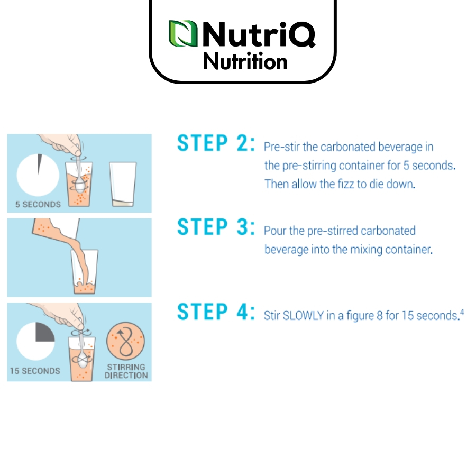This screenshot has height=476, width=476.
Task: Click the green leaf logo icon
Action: point(183,33)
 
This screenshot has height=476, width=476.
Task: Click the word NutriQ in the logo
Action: point(259,34)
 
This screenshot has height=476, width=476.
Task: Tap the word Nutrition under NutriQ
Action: point(245,61)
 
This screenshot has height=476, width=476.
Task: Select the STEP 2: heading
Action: point(216,143)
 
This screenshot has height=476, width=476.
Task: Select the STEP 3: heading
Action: point(216,227)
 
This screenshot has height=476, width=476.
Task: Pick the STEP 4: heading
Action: point(216,312)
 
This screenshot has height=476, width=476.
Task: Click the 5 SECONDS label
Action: point(38,204)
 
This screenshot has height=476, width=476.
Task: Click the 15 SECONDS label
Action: point(35,371)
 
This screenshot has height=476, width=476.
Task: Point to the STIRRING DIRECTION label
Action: point(126,371)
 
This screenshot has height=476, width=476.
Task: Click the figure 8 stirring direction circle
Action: point(126,341)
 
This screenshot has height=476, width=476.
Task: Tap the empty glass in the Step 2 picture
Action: point(123,184)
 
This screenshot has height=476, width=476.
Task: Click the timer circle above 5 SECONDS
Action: point(38,175)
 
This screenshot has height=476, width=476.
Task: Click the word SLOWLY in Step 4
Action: point(303,316)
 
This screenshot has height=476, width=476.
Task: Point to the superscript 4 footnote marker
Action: point(462,312)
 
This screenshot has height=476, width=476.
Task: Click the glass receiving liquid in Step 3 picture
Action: point(85,272)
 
